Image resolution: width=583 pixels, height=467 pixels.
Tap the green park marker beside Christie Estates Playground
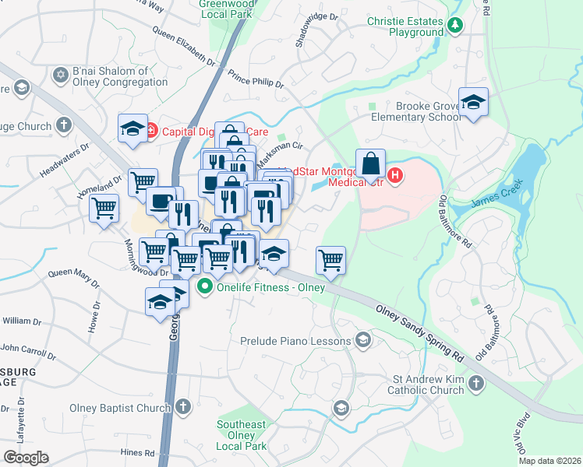pyautogui.click(x=455, y=26)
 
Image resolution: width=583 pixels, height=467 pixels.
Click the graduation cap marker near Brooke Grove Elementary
pyautogui.click(x=472, y=103)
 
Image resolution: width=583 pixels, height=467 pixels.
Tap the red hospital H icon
pyautogui.click(x=395, y=176)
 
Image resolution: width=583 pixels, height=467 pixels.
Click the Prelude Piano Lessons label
pyautogui.click(x=295, y=340)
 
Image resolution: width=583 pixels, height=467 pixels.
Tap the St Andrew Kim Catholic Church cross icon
pyautogui.click(x=476, y=383)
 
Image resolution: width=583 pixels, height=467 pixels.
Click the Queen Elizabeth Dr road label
pyautogui.click(x=184, y=45)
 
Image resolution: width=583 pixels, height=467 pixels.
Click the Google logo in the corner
pyautogui.click(x=26, y=457)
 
